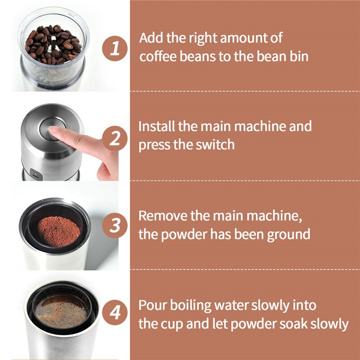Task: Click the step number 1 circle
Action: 115,48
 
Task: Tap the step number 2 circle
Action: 115,138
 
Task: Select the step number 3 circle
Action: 115,225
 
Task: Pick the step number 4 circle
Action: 115,312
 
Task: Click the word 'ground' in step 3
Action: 288,235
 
